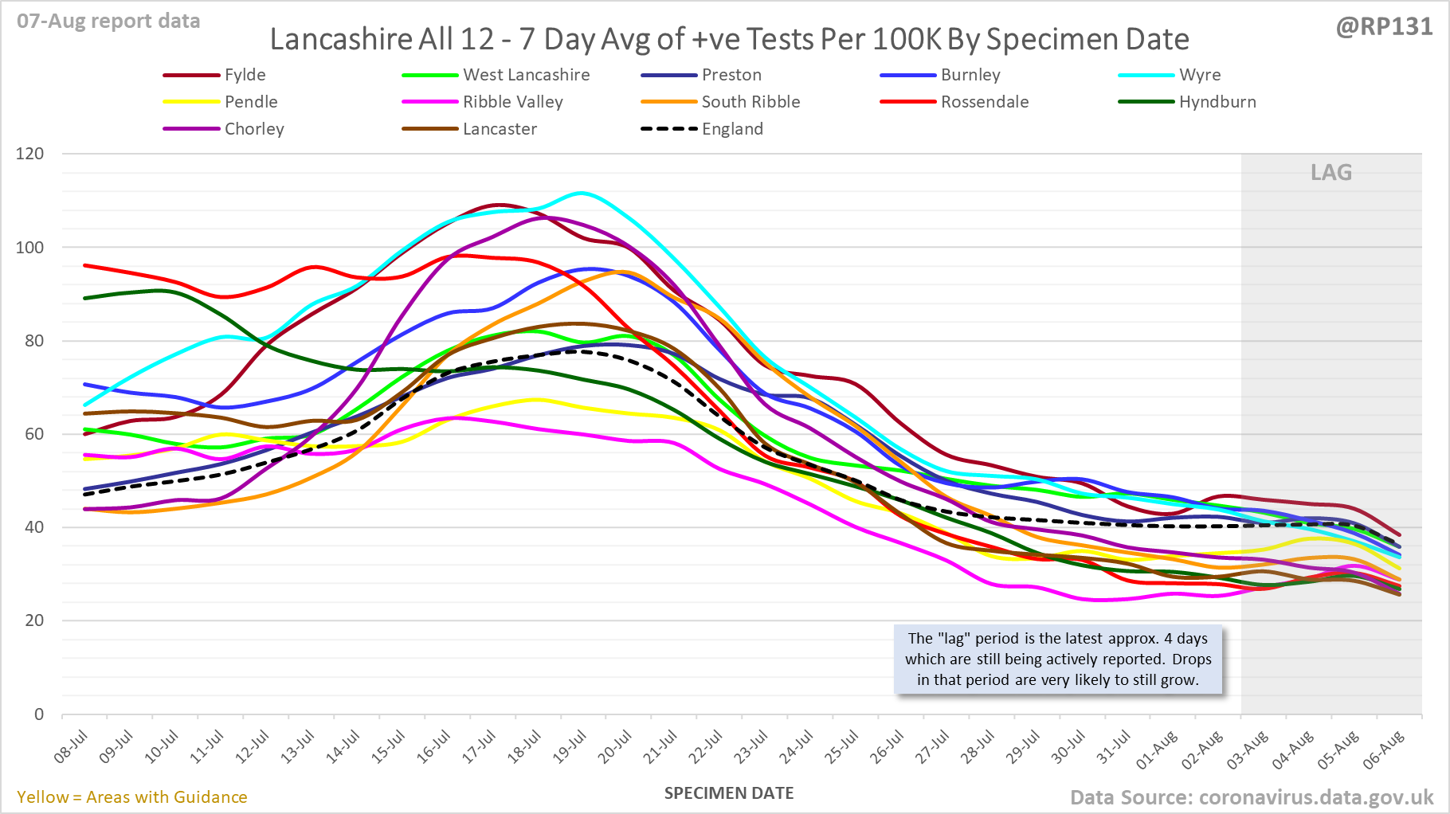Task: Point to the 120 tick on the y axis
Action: click(30, 154)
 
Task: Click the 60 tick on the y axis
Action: click(34, 434)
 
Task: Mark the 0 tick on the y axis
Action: click(39, 714)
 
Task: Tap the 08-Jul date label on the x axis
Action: click(71, 747)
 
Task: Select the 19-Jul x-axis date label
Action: click(570, 747)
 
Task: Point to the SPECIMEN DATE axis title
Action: click(729, 793)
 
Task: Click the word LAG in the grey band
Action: click(1331, 173)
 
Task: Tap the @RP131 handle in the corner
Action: click(1384, 26)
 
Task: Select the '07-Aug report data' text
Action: click(108, 22)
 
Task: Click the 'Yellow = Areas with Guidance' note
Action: click(132, 797)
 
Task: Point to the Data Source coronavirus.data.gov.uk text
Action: click(1252, 797)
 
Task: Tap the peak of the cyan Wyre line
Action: click(581, 193)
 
